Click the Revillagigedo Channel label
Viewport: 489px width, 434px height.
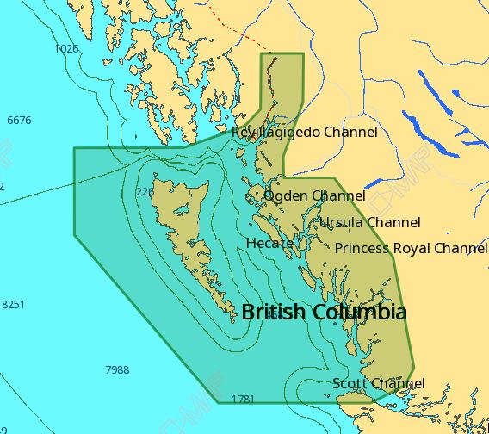(x=304, y=132)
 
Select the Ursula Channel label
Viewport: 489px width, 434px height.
(x=370, y=222)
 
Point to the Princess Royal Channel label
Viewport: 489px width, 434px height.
(x=411, y=248)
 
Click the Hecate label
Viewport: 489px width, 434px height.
(x=269, y=243)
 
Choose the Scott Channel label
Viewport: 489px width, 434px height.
(x=378, y=383)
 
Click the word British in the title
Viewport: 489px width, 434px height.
(x=273, y=312)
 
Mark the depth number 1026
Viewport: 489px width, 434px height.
(x=66, y=48)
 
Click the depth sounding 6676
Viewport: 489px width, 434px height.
(x=19, y=120)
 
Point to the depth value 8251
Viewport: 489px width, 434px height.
(x=14, y=305)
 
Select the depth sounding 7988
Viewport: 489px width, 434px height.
(x=117, y=369)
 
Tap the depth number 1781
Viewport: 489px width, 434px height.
(x=244, y=399)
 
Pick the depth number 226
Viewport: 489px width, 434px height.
(x=145, y=191)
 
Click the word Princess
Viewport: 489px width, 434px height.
(x=362, y=248)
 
